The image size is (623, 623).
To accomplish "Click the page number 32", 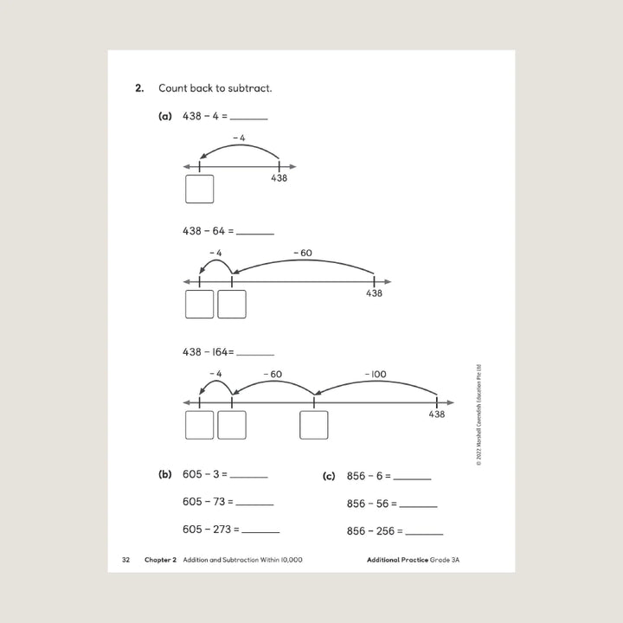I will [126, 560].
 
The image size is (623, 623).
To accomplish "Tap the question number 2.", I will [138, 88].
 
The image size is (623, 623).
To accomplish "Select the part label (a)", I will [165, 116].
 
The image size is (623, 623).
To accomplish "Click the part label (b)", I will [165, 474].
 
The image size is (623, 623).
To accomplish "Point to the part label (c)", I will [328, 476].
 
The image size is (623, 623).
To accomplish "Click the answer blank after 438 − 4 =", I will [249, 118].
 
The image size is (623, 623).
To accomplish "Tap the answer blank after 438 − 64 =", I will [255, 232].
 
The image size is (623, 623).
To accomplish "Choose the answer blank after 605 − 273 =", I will [261, 531].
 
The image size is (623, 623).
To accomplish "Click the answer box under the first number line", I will [200, 189].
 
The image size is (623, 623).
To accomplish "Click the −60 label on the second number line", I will [303, 253].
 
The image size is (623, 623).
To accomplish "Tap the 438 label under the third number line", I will [437, 415].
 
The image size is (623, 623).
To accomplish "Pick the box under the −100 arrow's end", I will [313, 425].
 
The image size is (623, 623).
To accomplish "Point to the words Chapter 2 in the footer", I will [161, 560].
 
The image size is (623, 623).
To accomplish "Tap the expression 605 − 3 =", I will [204, 474].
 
